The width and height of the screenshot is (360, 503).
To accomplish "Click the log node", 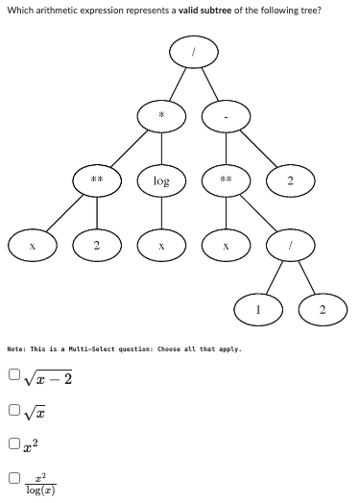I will [161, 180].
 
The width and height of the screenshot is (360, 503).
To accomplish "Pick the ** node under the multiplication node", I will [97, 180].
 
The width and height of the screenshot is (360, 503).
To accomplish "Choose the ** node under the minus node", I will [226, 180].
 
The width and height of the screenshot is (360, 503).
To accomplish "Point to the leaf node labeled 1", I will [258, 309].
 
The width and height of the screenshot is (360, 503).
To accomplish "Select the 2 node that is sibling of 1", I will [323, 309].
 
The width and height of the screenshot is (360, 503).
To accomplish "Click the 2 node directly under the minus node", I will [290, 180].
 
